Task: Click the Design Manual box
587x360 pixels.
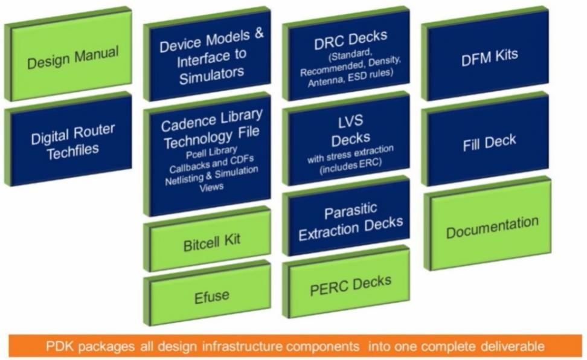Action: coord(68,54)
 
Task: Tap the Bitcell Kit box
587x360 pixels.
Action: coord(207,239)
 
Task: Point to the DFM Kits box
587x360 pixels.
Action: coord(486,54)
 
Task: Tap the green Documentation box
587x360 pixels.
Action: coord(488,223)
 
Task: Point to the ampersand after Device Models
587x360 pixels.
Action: coord(259,34)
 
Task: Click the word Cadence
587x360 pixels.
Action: coord(184,123)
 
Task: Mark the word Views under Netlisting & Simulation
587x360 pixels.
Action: coord(211,187)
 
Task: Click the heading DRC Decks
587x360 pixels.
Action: coord(350,40)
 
